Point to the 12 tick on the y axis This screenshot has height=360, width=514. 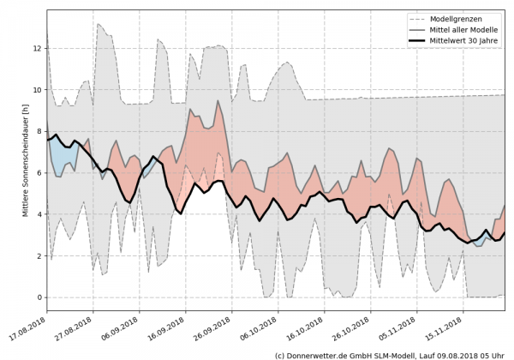(x=37, y=48)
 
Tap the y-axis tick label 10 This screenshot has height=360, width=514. (x=37, y=89)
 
